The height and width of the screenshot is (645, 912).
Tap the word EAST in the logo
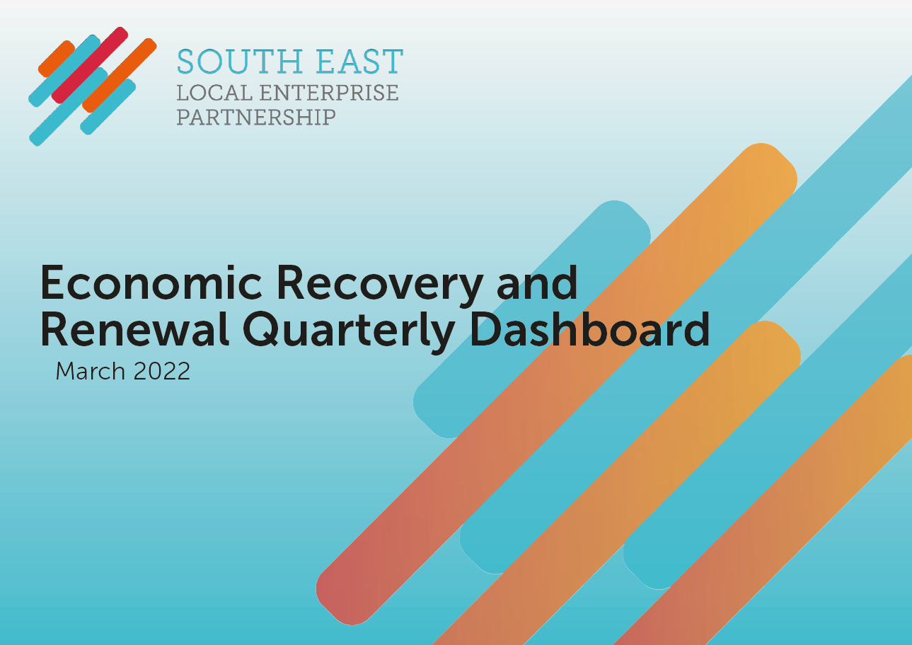click(x=359, y=62)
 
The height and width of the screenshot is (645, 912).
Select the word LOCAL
click(x=214, y=93)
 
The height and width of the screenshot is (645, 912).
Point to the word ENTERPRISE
click(x=329, y=93)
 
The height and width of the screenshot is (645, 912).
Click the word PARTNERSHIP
click(x=256, y=118)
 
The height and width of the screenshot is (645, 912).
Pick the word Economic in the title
click(x=151, y=282)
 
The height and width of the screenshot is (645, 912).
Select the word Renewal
click(x=134, y=329)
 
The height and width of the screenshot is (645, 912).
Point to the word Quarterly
click(x=349, y=333)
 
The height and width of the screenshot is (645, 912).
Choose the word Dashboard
click(x=590, y=329)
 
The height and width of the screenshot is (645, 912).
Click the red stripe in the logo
click(x=90, y=65)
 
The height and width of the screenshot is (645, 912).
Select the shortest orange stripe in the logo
click(x=57, y=59)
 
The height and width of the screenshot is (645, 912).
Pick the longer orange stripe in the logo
click(x=120, y=75)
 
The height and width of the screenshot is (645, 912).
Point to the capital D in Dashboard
click(x=487, y=329)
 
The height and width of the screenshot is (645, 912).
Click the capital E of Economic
click(x=52, y=282)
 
